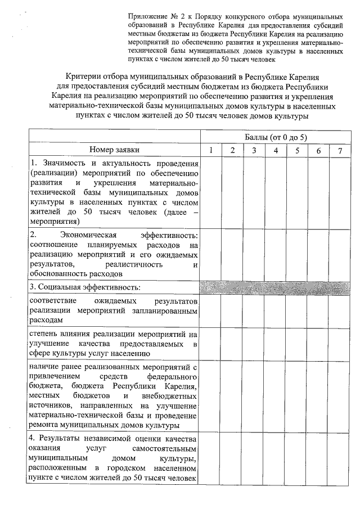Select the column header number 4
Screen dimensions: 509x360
276,150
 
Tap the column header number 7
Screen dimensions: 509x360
339,150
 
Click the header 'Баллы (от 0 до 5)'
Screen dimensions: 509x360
276,137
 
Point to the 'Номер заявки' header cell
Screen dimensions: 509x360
114,150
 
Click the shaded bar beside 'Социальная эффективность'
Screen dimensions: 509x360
274,287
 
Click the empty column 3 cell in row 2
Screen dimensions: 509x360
254,254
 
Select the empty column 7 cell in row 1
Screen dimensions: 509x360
339,192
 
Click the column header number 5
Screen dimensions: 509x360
297,150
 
